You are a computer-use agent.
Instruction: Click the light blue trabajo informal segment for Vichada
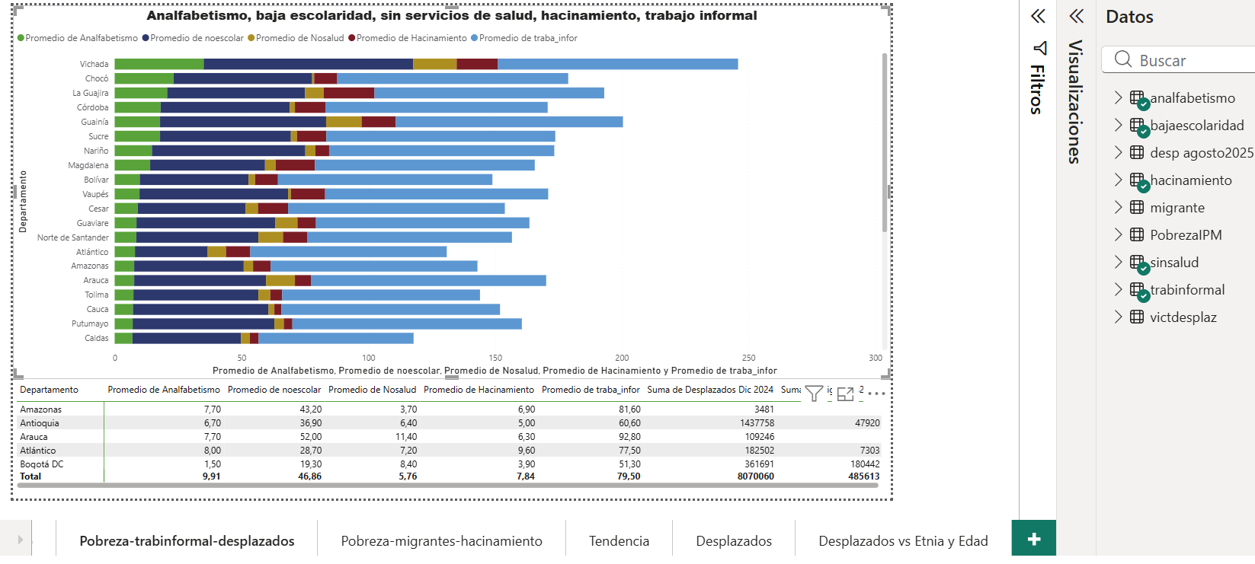(x=617, y=64)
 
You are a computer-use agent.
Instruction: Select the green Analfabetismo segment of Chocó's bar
(x=144, y=78)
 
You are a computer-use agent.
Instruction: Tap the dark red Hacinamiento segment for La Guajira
(x=349, y=93)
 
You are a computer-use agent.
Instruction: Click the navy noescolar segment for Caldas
(x=187, y=338)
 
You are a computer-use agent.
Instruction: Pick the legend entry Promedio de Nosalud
(x=299, y=38)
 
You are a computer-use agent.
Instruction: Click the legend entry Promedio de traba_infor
(x=528, y=38)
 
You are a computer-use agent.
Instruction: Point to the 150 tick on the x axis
(x=495, y=358)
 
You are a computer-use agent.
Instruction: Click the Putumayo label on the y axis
(x=90, y=323)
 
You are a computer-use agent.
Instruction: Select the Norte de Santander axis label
(x=73, y=237)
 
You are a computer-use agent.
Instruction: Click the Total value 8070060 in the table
(x=755, y=476)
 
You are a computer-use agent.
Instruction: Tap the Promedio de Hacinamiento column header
(x=479, y=390)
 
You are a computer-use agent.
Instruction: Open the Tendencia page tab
(x=619, y=541)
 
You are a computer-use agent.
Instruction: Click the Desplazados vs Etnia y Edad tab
(x=903, y=541)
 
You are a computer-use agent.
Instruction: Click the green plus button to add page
(x=1033, y=539)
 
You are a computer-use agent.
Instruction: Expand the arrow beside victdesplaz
(x=1118, y=317)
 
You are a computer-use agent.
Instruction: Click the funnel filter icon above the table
(x=814, y=394)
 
